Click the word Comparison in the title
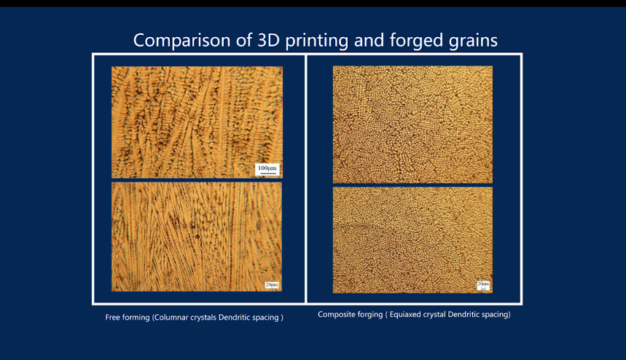(181, 41)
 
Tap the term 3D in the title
(268, 40)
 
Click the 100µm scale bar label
(267, 168)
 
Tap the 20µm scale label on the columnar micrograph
(272, 284)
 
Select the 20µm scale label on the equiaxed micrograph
(483, 283)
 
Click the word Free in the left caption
(111, 317)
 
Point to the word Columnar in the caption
(171, 317)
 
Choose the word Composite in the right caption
(334, 315)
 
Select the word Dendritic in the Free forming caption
(234, 317)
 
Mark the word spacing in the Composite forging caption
(496, 315)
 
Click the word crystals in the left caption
(203, 317)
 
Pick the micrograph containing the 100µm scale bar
(197, 122)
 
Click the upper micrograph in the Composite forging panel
(412, 125)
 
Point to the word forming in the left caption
(136, 318)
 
